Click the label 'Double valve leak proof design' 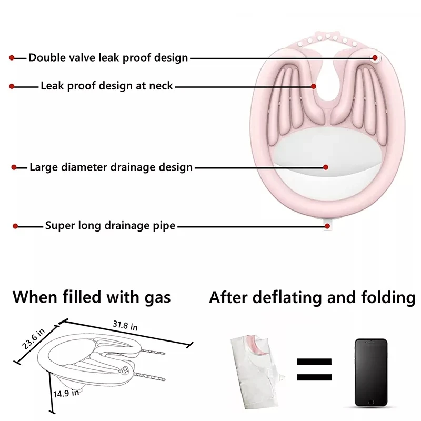[x=108, y=58]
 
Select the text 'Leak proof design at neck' [x=106, y=85]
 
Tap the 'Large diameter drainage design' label [x=111, y=168]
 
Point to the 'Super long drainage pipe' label [x=110, y=226]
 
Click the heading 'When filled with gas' [x=92, y=297]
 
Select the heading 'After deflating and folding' [x=312, y=297]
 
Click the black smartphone [x=370, y=372]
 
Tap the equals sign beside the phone [x=314, y=369]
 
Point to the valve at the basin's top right [x=375, y=58]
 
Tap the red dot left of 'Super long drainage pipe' [x=16, y=226]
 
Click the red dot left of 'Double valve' [x=12, y=58]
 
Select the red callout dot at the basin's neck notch [x=314, y=86]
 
